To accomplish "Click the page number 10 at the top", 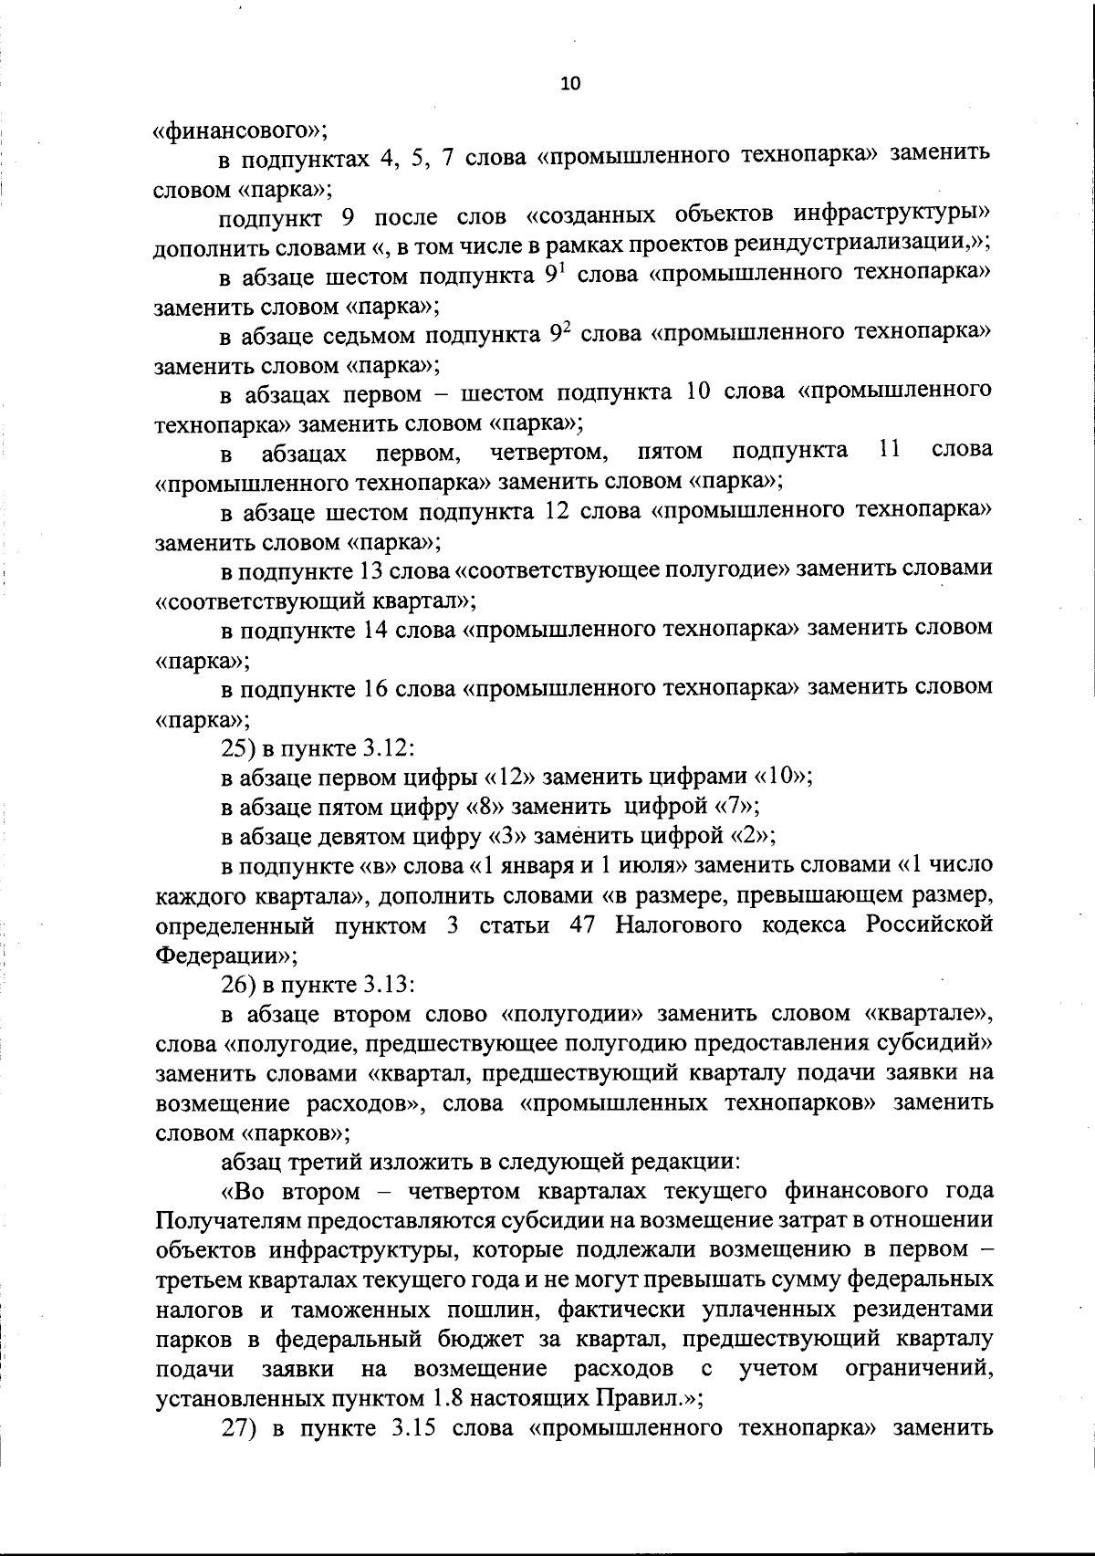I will point(570,83).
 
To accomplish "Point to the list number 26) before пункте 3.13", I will point(238,986).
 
